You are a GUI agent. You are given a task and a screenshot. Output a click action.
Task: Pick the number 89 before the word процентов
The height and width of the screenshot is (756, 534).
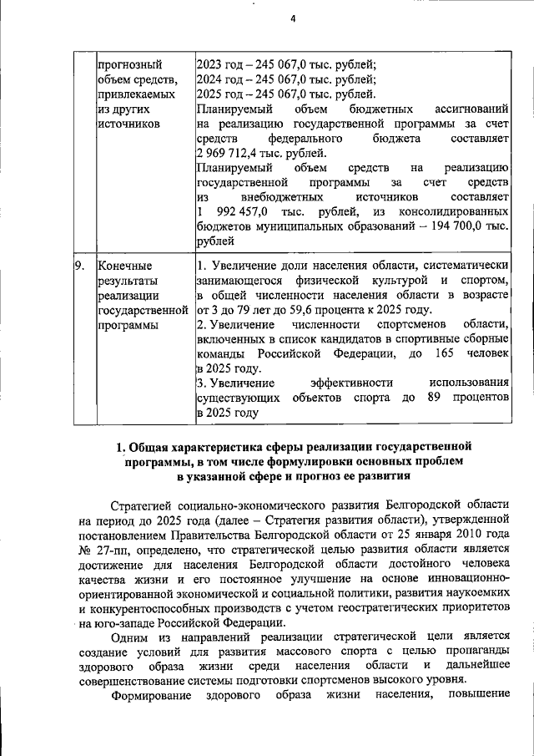[x=434, y=398]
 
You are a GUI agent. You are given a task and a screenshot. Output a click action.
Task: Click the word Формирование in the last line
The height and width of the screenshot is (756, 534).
[x=151, y=695]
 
